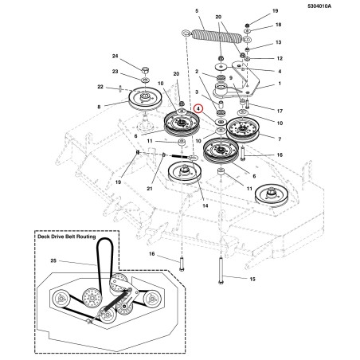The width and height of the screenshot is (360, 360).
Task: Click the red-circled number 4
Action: [198, 109]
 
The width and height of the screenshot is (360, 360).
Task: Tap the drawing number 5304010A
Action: [319, 6]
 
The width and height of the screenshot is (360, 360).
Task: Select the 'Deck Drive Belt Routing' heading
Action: [67, 237]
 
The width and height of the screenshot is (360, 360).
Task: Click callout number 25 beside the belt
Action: [53, 260]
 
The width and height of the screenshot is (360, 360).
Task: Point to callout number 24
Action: [115, 56]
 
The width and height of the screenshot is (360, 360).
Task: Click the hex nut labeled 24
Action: [145, 72]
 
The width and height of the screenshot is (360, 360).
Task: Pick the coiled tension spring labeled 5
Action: [217, 37]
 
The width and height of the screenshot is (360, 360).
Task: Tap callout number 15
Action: [252, 279]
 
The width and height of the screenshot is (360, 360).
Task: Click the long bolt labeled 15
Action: [221, 270]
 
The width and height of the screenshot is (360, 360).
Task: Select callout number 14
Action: [205, 205]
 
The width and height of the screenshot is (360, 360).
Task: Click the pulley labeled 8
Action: [145, 98]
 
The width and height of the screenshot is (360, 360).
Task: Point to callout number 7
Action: [280, 139]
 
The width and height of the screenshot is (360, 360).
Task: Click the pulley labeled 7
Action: [242, 130]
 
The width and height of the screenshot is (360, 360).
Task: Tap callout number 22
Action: [100, 87]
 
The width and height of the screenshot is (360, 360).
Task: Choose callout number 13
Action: [278, 42]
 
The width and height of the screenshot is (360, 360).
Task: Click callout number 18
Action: [278, 25]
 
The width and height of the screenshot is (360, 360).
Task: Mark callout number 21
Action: [150, 189]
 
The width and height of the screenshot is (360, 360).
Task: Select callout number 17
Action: [280, 111]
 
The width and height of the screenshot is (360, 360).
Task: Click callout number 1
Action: [280, 84]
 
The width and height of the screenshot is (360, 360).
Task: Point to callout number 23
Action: [115, 72]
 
